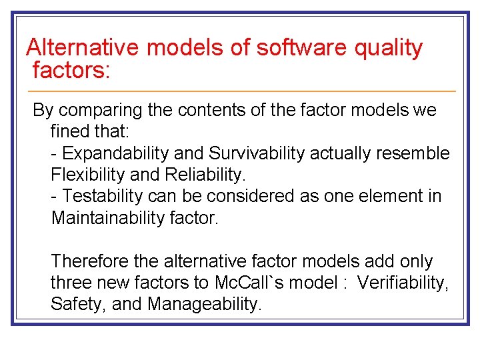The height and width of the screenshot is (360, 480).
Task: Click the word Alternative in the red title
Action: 83,48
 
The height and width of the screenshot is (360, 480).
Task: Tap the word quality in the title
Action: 389,48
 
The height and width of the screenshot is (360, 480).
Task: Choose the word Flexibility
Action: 86,175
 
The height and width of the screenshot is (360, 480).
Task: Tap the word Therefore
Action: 89,261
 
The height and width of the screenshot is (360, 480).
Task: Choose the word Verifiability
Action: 402,283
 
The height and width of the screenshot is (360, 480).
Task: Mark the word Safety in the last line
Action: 72,304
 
